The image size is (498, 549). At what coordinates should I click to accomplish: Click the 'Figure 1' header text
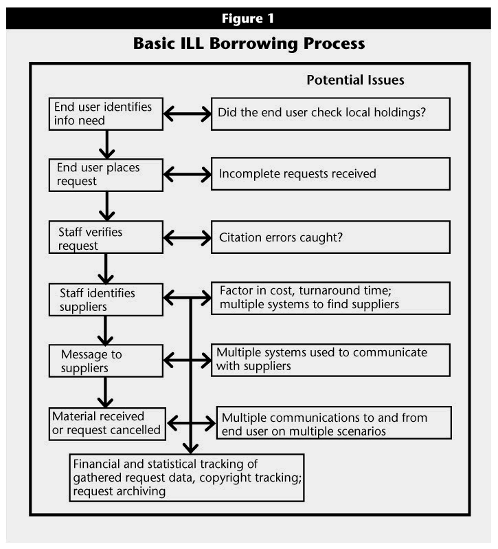(248, 18)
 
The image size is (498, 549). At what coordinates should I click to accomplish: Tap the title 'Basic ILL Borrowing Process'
(249, 44)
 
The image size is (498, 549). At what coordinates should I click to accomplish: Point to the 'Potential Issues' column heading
(355, 80)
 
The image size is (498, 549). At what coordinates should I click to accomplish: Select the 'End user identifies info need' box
(106, 114)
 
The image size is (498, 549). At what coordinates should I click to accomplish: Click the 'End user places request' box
(106, 175)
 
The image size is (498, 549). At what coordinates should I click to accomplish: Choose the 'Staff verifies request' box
(106, 237)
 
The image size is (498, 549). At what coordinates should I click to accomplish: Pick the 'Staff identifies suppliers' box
(106, 300)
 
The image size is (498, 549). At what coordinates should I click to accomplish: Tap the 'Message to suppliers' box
(106, 361)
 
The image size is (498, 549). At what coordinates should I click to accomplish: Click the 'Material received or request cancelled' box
(107, 424)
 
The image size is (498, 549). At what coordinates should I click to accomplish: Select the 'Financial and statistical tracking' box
(187, 477)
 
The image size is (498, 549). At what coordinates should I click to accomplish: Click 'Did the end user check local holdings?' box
(330, 114)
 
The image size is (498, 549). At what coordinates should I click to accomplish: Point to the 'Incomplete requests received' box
(330, 174)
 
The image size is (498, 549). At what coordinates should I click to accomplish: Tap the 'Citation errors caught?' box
(330, 237)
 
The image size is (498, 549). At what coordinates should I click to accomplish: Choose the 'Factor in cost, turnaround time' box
(330, 299)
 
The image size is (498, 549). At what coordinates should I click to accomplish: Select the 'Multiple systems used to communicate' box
(330, 360)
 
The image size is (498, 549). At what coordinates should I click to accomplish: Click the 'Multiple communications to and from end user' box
(334, 422)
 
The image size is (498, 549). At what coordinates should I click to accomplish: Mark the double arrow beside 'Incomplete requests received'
(188, 174)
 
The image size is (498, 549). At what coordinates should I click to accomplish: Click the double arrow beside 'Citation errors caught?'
(188, 238)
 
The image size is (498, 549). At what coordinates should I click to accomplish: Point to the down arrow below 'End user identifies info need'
(106, 144)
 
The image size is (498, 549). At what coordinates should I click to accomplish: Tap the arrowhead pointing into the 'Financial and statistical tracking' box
(190, 449)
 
